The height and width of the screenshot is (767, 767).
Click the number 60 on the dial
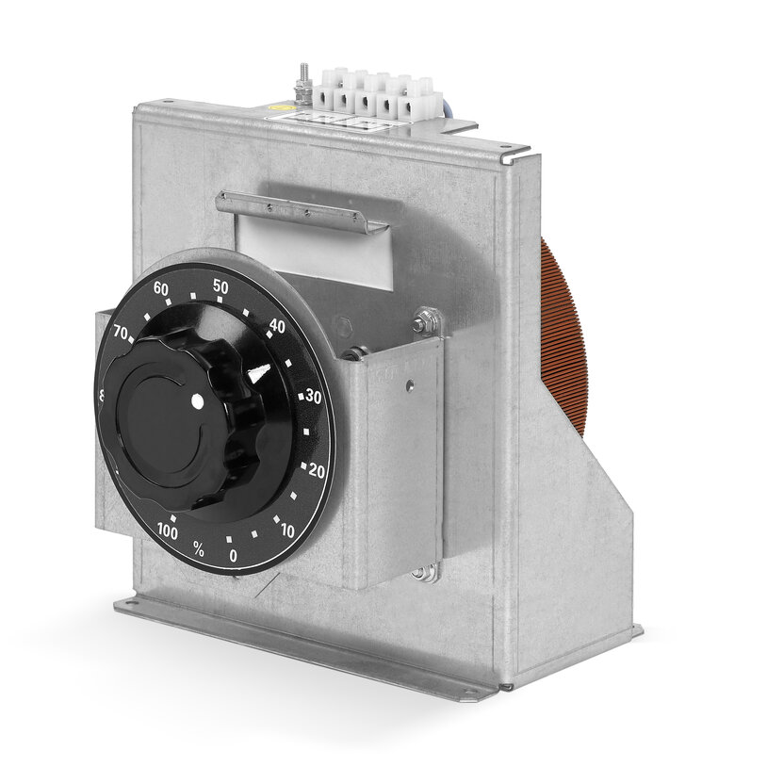[x=160, y=289]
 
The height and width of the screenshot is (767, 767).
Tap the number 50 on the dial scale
[x=220, y=286]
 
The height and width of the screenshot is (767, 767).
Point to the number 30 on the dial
[x=314, y=397]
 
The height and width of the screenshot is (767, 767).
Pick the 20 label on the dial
[x=317, y=471]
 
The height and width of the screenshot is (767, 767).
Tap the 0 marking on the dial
[x=233, y=556]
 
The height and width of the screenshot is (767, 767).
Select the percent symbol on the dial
[x=199, y=547]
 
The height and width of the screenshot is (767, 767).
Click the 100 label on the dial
[x=167, y=531]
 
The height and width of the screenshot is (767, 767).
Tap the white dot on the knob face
[x=197, y=403]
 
